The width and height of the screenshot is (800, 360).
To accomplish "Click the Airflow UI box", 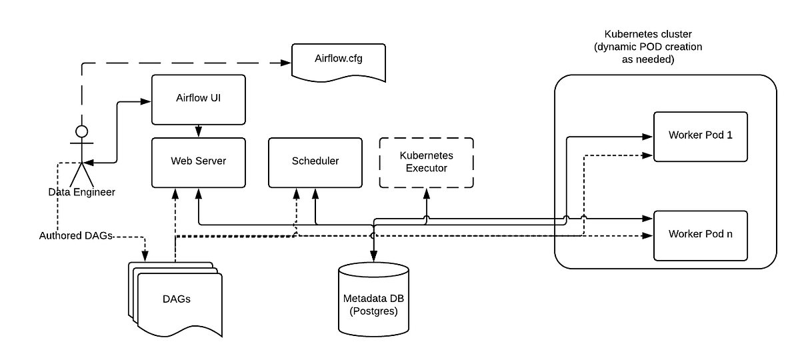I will (198, 99).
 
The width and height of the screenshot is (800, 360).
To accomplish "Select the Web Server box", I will (198, 162).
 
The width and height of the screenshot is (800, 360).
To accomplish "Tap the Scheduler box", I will (315, 162).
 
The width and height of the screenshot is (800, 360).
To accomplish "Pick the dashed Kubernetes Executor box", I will (426, 162).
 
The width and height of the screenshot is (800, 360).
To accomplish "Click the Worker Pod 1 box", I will (700, 136).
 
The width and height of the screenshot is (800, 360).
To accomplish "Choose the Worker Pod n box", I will (700, 235).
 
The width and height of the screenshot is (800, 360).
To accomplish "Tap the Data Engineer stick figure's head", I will (82, 129).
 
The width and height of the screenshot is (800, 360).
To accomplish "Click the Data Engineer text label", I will (82, 192).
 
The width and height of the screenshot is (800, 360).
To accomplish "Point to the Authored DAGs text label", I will (75, 235).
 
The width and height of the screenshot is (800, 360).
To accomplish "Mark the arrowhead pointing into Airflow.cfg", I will (287, 63).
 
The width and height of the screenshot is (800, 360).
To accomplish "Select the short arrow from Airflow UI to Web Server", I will (198, 131).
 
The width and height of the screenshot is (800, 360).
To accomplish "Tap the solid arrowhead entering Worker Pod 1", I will (647, 137).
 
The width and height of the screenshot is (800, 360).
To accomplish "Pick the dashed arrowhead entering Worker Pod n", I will (647, 235).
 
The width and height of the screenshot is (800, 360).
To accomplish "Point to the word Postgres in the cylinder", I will (373, 310).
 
